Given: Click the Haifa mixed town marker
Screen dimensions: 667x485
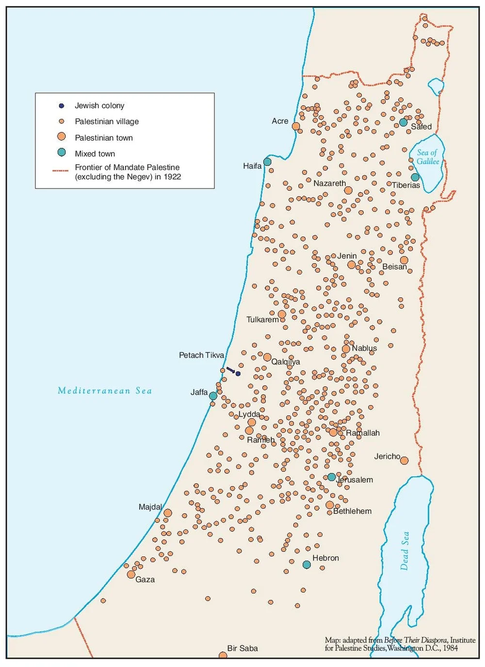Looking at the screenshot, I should tap(267, 161).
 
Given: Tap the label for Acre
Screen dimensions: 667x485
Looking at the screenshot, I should tap(280, 121).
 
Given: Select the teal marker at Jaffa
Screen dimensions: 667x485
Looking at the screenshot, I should tap(213, 396).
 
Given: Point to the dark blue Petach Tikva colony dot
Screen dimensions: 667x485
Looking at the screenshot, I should tap(238, 373).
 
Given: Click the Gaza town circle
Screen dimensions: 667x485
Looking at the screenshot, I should tap(131, 574).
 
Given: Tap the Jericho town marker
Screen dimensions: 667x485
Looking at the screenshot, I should tap(404, 461).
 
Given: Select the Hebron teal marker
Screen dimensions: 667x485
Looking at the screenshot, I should tap(307, 565).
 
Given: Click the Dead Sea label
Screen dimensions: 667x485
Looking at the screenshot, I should tap(405, 551).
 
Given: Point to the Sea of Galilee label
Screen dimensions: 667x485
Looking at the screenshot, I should tap(428, 157).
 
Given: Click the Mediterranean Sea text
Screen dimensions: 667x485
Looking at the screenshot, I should tap(105, 391).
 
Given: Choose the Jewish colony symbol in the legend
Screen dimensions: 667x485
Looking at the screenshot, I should tap(62, 106).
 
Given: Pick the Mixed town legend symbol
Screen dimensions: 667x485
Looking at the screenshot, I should tap(62, 152).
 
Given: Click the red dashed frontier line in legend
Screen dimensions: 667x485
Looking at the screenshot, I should tap(61, 171).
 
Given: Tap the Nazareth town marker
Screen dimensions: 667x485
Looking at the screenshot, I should tap(348, 190).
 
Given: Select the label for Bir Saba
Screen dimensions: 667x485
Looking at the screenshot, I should tap(242, 648).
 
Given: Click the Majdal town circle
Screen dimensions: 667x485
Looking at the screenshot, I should tap(168, 513).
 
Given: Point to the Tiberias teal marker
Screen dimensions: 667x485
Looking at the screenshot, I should tap(415, 177).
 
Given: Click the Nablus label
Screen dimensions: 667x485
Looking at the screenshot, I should tap(364, 348).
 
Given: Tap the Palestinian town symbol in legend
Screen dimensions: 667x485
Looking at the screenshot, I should tap(62, 137).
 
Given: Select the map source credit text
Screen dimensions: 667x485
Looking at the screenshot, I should tap(400, 644).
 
